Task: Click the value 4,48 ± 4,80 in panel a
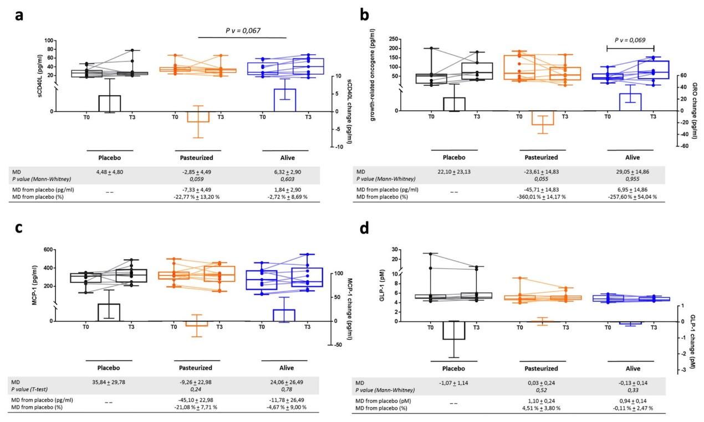coord(109,172)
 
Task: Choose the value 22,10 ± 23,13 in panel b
coord(453,172)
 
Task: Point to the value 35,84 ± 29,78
coord(109,382)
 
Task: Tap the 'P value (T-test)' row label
coord(37,389)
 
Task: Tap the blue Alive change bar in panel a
coord(284,100)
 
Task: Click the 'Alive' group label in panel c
coord(284,367)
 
